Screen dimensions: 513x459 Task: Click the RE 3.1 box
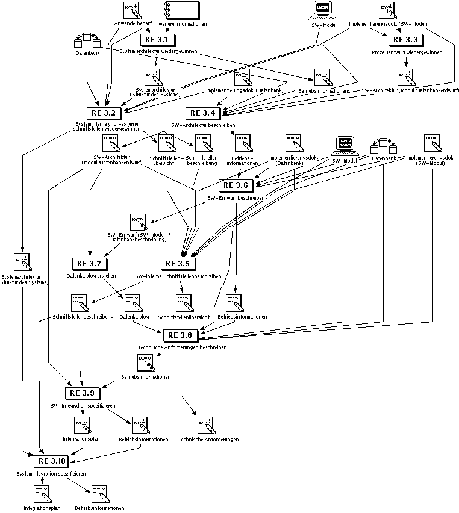157,40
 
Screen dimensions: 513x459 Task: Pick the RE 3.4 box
202,113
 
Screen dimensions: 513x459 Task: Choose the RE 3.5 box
178,263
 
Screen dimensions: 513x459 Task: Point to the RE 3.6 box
236,185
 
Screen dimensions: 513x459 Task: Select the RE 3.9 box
82,393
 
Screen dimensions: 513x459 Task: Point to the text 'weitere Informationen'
183,24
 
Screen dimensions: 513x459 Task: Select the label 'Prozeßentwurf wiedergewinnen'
407,52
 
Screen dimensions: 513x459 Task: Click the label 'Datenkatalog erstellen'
91,276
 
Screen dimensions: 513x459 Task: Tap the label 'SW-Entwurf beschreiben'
236,197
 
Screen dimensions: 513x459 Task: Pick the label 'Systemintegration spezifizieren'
51,474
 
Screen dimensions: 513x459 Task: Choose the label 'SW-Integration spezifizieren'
83,406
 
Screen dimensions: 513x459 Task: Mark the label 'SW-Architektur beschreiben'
203,125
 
